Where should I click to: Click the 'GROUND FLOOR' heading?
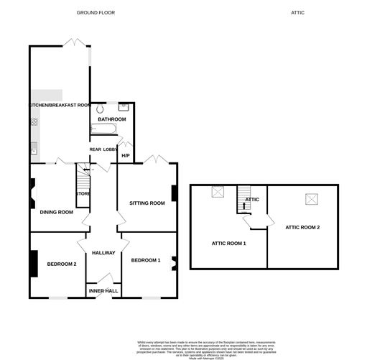pos(96,13)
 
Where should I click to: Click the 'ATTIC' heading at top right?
pos(298,13)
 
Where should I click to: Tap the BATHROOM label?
pos(112,119)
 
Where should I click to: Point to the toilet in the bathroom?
pos(100,109)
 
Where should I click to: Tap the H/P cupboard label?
pos(126,155)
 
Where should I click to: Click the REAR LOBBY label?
pos(103,149)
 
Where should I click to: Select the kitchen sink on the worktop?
pos(34,149)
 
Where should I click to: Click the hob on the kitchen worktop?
pos(34,122)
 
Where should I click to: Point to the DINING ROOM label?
pos(57,212)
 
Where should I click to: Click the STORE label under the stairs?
pos(83,193)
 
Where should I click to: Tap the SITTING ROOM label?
pos(147,203)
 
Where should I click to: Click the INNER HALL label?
pos(103,291)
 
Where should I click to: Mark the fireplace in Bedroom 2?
pos(33,263)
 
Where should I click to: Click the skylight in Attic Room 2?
pos(312,198)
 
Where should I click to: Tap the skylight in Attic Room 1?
pos(218,193)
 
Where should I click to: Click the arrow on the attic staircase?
pos(244,205)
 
